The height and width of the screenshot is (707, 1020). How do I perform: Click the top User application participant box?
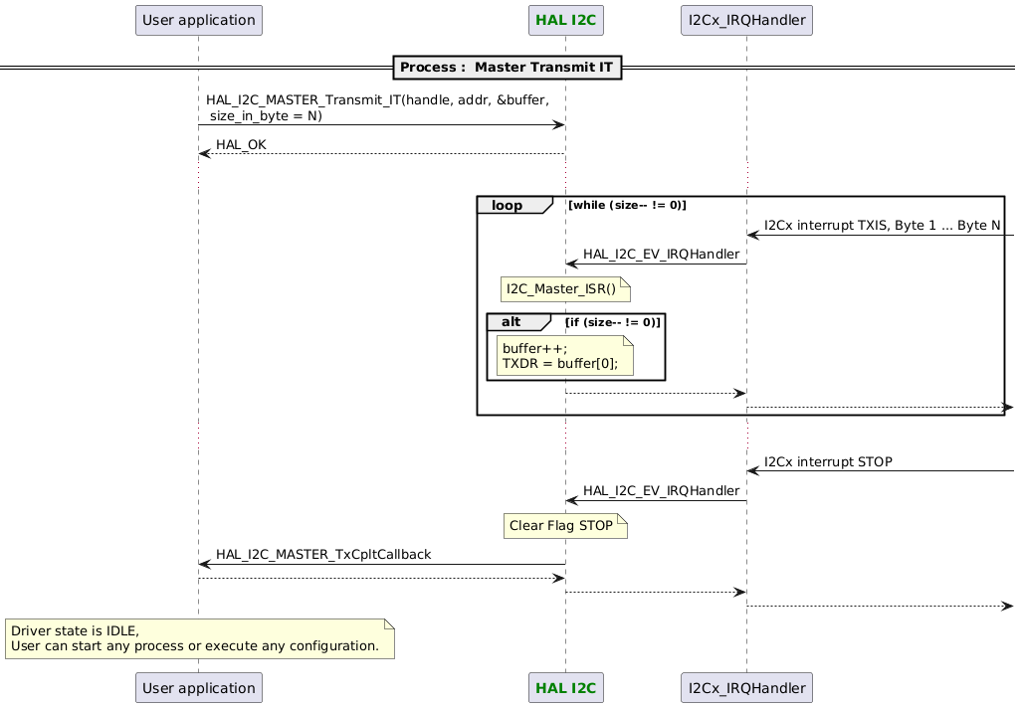point(198,19)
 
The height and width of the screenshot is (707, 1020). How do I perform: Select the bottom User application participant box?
point(198,687)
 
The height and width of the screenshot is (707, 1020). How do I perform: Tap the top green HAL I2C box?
point(565,19)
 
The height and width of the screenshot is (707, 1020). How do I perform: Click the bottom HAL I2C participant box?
point(565,687)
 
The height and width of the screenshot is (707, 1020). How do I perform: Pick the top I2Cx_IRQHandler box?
point(746,19)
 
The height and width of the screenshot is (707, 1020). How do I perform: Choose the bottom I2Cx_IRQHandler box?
point(746,687)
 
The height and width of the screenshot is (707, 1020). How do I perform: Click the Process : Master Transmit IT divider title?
point(509,68)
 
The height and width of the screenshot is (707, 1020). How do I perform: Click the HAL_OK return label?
point(241,145)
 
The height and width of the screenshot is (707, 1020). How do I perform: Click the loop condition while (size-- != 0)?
point(627,205)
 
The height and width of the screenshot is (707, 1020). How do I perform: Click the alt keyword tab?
point(514,322)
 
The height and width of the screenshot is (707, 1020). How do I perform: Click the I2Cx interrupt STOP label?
point(828,462)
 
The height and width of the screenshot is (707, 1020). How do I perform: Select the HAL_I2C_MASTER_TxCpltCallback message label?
point(323,554)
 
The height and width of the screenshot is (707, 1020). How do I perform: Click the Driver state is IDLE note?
point(199,638)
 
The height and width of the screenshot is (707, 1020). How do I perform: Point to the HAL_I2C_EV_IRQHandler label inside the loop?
point(661,255)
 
